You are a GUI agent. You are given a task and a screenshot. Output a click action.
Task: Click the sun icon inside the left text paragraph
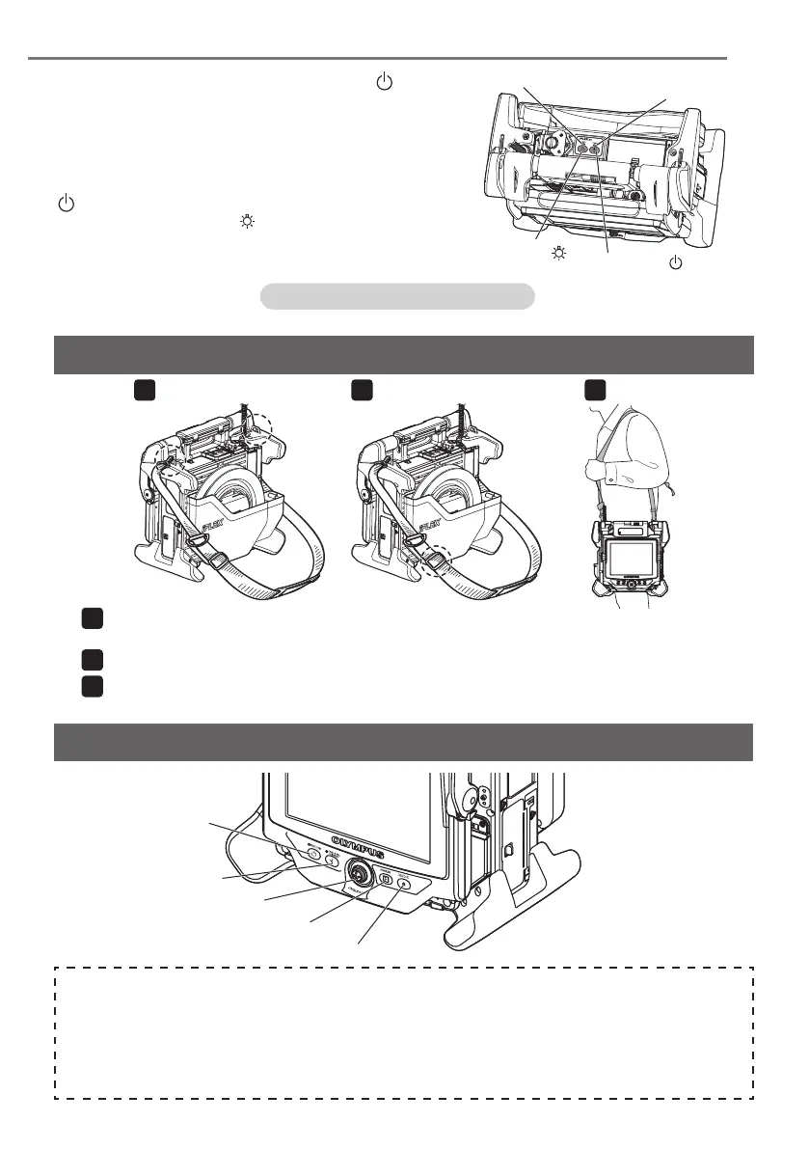[247, 222]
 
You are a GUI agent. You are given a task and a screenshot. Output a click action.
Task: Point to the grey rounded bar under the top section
[397, 295]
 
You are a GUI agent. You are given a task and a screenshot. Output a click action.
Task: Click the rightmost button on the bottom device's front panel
[403, 883]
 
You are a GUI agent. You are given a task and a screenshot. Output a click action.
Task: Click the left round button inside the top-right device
[583, 149]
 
